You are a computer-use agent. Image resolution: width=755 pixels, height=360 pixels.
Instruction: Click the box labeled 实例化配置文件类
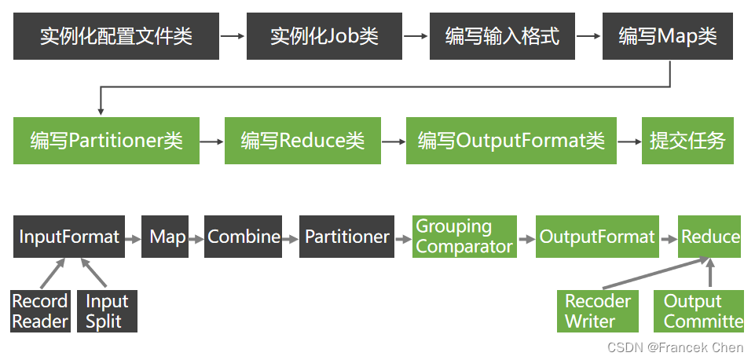[x=116, y=37]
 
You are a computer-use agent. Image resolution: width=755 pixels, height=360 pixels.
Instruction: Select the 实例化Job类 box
[x=324, y=37]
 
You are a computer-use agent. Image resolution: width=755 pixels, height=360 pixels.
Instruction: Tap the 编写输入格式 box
[x=502, y=37]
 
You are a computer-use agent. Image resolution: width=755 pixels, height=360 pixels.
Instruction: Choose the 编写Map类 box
[x=667, y=37]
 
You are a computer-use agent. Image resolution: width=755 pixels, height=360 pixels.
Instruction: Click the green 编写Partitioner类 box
[x=106, y=141]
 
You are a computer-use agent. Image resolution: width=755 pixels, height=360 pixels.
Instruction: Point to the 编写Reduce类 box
[x=302, y=141]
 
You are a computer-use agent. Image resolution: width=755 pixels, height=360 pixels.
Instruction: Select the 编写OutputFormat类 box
[x=511, y=141]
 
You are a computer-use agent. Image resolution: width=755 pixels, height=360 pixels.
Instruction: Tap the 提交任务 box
[x=687, y=141]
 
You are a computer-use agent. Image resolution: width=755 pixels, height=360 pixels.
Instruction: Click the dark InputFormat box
[x=69, y=237]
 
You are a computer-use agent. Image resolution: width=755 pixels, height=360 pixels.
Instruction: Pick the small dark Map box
[x=165, y=237]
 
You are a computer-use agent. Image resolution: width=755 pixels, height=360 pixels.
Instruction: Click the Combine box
[x=243, y=237]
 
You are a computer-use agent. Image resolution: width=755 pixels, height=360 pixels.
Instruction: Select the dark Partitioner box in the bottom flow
[x=346, y=237]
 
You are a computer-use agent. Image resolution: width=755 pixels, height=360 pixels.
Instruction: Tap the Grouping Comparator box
[x=464, y=237]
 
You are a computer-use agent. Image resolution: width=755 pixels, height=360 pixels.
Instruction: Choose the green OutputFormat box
[x=597, y=237]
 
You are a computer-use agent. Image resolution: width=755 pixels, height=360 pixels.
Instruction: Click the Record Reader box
[x=40, y=311]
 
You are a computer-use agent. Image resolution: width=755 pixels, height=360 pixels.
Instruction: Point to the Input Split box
[x=107, y=311]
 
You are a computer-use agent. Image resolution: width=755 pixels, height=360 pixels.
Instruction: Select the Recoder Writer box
[x=598, y=311]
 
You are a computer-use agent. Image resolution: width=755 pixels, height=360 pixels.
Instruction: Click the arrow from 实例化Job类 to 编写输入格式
[x=416, y=36]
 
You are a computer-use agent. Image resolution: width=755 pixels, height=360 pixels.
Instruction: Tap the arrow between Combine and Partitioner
[x=291, y=237]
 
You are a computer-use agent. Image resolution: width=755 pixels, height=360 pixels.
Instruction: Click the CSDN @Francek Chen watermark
[x=675, y=347]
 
